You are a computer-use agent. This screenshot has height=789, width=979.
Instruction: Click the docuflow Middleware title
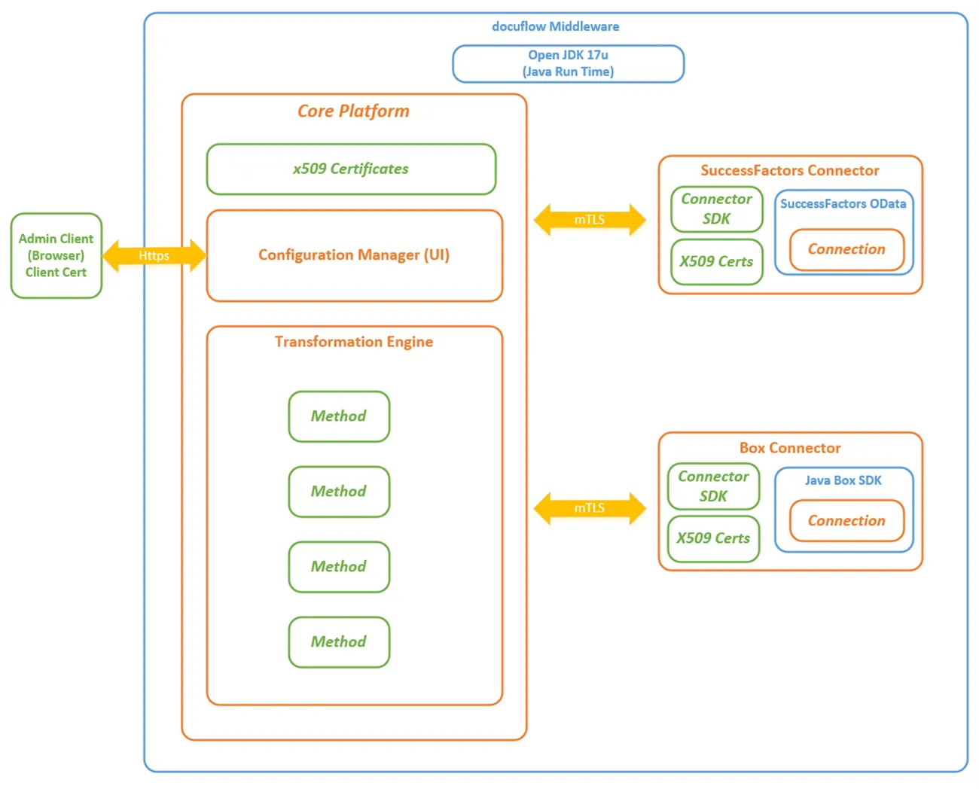click(x=555, y=26)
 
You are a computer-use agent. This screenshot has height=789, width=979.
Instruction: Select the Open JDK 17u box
click(x=568, y=64)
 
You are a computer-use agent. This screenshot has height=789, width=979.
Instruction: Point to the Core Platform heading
click(x=353, y=111)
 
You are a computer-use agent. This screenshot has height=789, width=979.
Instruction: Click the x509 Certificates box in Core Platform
click(x=351, y=169)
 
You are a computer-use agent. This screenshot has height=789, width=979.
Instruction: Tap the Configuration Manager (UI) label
click(x=354, y=254)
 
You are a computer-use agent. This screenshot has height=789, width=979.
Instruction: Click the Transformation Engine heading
click(x=354, y=342)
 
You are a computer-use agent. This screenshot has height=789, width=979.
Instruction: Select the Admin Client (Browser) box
click(x=56, y=255)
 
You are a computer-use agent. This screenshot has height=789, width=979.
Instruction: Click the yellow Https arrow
click(x=154, y=255)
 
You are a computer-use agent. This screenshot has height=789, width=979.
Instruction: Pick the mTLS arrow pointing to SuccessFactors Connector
click(x=590, y=220)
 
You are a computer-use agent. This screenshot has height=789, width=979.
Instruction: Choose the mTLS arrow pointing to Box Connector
click(x=590, y=508)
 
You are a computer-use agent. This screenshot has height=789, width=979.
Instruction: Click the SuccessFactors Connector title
click(x=790, y=171)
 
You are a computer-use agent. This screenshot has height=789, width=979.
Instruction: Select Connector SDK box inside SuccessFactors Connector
click(x=716, y=209)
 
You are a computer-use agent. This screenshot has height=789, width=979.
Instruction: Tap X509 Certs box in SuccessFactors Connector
click(x=716, y=262)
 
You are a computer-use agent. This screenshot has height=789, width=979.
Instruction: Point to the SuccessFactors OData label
click(x=843, y=204)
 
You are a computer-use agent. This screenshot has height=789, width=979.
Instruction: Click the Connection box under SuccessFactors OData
click(x=846, y=250)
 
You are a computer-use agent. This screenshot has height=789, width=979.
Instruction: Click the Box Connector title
click(x=790, y=448)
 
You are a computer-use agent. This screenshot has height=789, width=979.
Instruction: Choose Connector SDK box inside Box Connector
click(x=713, y=486)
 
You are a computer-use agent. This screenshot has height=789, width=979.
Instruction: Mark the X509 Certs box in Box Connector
click(x=713, y=539)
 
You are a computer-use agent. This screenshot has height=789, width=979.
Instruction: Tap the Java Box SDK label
click(x=843, y=480)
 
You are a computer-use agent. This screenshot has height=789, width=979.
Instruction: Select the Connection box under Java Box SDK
click(x=846, y=521)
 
